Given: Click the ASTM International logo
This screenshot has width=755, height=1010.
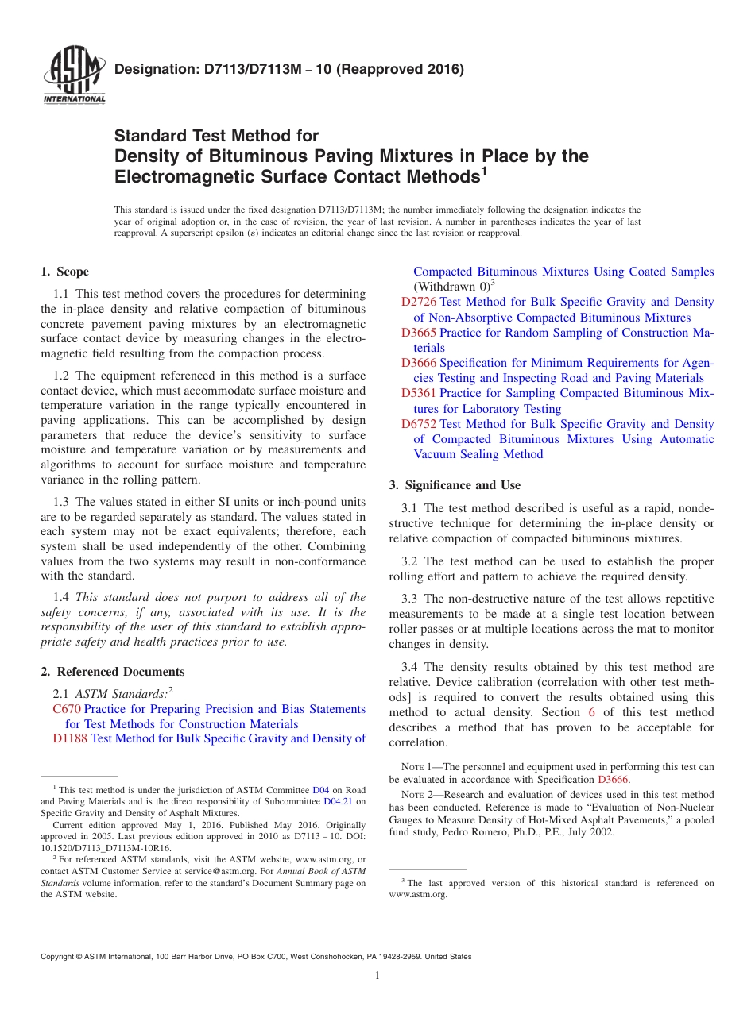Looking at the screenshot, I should tap(74, 76).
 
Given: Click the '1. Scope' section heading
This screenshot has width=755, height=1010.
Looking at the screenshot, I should tap(65, 272).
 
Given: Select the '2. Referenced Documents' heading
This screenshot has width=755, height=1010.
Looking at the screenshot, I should tap(113, 672).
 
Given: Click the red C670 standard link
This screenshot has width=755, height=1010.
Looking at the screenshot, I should tap(67, 709).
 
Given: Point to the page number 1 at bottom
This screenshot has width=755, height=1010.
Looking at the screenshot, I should tap(377, 975).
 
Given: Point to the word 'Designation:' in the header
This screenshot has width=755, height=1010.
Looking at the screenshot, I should tap(151, 69).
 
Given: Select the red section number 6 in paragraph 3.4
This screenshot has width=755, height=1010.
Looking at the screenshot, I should tap(590, 713).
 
